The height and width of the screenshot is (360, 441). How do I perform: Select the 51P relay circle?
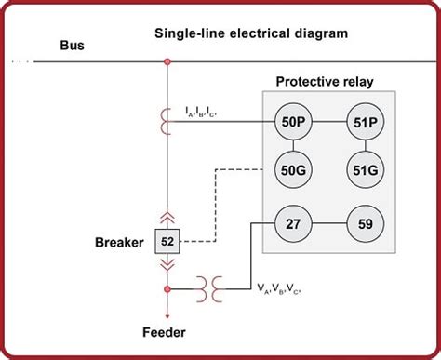click(364, 121)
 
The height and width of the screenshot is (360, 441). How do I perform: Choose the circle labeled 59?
click(364, 224)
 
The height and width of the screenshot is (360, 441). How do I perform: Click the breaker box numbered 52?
click(167, 242)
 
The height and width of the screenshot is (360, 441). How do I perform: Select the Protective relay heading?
click(326, 81)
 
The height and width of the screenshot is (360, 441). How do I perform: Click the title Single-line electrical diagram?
click(250, 33)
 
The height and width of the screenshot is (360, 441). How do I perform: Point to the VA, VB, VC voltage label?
click(281, 290)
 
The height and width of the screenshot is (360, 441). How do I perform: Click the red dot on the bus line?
click(167, 62)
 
